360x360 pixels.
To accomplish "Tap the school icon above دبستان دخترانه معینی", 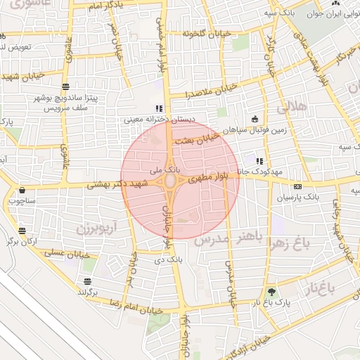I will (158, 108).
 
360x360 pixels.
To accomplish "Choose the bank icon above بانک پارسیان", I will (297, 186).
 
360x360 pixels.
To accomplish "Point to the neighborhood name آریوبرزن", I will (95, 229).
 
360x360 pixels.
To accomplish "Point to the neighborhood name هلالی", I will (292, 108).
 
